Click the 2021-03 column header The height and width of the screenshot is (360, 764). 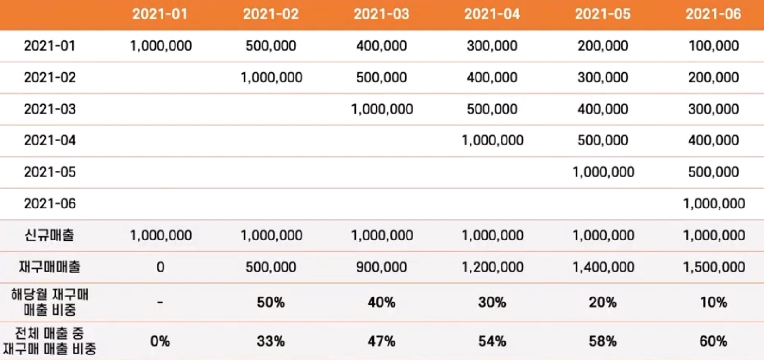coord(382,14)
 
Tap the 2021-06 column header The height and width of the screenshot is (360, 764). coord(713,14)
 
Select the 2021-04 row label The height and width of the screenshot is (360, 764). coord(50,140)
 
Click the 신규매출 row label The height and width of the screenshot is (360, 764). coord(50,235)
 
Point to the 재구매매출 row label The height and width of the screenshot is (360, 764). coord(50,267)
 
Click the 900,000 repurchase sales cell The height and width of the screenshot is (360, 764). coord(382,267)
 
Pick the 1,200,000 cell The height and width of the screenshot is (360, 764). coord(492,267)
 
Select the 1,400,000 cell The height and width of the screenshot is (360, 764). coord(603,267)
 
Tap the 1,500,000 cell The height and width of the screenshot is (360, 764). coord(714,267)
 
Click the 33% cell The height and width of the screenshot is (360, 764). coord(271,341)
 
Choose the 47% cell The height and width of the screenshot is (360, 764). coord(382,341)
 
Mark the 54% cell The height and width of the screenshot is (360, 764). coord(492,341)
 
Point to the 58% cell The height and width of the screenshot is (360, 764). coord(603,341)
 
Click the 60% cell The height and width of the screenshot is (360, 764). coord(714,341)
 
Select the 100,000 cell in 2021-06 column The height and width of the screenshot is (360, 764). coord(714,46)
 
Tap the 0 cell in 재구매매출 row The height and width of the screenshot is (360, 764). coord(160,267)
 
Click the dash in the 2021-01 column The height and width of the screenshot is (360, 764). coord(160,303)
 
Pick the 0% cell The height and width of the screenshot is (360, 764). coord(160,341)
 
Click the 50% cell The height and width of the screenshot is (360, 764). coord(271,303)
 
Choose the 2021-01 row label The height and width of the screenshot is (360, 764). coord(50,46)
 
